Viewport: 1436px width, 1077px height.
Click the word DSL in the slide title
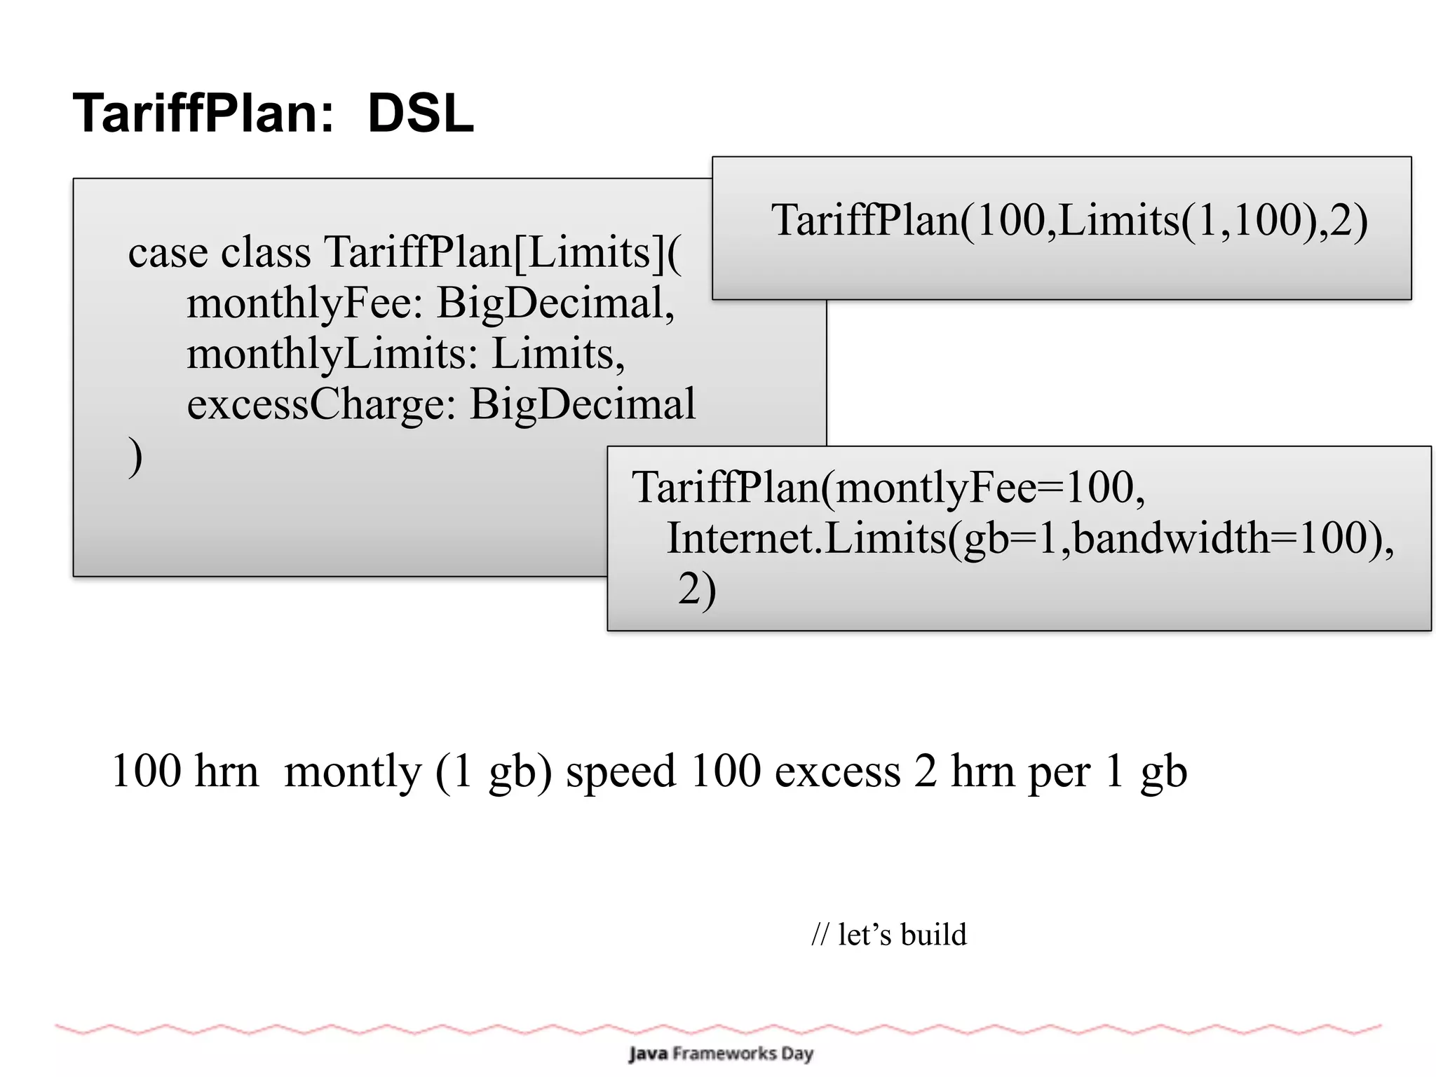click(421, 114)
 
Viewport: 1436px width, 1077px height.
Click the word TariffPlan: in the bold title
click(204, 114)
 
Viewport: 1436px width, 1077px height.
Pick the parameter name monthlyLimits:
click(332, 353)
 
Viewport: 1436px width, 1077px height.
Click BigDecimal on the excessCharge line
click(583, 404)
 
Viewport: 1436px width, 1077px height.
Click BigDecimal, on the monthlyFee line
click(555, 303)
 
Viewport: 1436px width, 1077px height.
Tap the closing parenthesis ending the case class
click(135, 457)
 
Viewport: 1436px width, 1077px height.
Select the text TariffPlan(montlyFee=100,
click(888, 487)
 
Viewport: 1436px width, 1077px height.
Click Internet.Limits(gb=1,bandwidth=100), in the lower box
click(1030, 538)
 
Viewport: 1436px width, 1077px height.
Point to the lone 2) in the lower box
click(696, 589)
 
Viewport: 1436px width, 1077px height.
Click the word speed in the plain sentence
click(621, 771)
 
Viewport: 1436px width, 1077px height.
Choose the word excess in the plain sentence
click(837, 771)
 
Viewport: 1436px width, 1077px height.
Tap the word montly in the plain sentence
click(353, 771)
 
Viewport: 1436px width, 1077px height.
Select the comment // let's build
click(888, 935)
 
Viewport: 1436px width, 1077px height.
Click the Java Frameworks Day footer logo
click(720, 1053)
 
